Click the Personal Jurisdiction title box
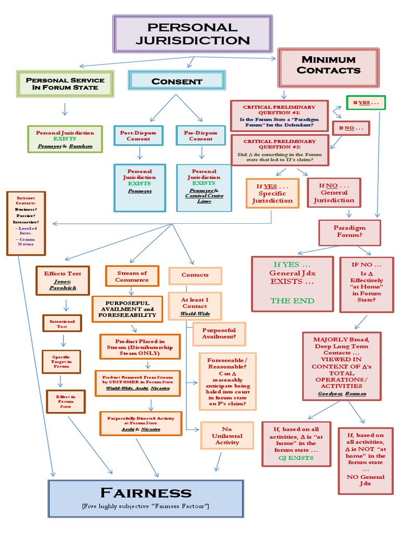192,34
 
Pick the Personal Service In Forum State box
65,84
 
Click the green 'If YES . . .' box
366,103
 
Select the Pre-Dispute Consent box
201,136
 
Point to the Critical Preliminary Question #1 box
279,116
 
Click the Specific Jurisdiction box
272,193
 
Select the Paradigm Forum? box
349,231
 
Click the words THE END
292,300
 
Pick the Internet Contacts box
26,223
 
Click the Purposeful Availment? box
219,334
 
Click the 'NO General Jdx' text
365,480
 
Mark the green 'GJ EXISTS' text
296,458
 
